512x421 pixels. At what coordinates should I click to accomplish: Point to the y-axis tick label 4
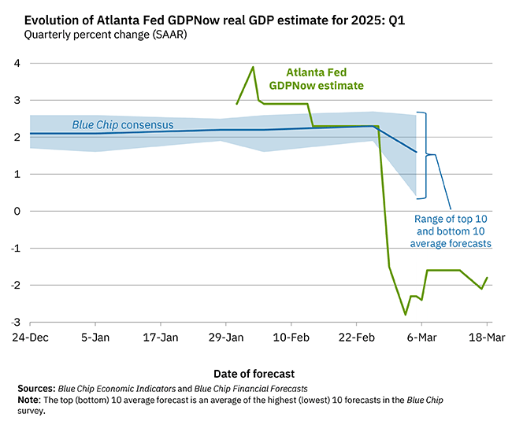click(17, 64)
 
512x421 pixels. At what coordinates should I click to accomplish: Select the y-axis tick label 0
click(17, 211)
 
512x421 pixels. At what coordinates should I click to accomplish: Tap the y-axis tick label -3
click(15, 322)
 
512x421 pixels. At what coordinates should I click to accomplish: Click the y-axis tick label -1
click(15, 248)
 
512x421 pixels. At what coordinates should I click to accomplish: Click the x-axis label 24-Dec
click(30, 336)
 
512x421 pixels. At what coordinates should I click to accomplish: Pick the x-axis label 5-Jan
click(95, 336)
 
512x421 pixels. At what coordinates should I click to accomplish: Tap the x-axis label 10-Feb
click(291, 336)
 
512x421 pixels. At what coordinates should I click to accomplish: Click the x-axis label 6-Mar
click(421, 336)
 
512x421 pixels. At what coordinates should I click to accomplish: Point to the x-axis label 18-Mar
click(486, 336)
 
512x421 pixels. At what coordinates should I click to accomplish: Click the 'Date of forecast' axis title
click(259, 373)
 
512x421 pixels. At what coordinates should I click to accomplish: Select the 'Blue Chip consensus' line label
click(123, 124)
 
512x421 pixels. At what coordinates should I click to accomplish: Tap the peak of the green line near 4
click(253, 67)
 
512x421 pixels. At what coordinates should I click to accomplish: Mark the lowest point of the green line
click(406, 314)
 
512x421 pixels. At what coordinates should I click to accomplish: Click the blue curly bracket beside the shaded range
click(426, 154)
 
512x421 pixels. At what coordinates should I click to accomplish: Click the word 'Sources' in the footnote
click(35, 389)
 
